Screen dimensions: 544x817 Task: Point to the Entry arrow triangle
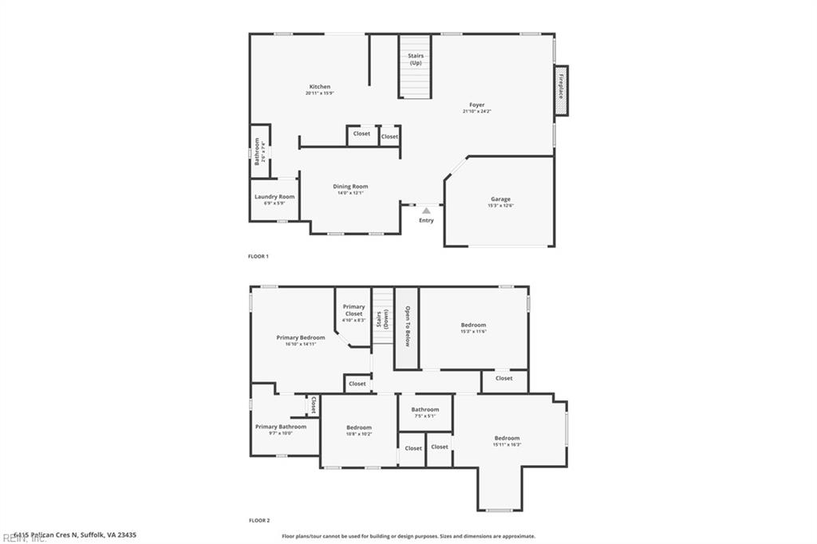[426, 211]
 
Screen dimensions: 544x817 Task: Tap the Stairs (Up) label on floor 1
[415, 59]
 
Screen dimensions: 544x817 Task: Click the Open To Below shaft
[407, 327]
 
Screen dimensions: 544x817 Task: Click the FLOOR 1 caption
[259, 256]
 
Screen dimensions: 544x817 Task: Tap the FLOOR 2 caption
[259, 520]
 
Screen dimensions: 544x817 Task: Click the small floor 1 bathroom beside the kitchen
[259, 151]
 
